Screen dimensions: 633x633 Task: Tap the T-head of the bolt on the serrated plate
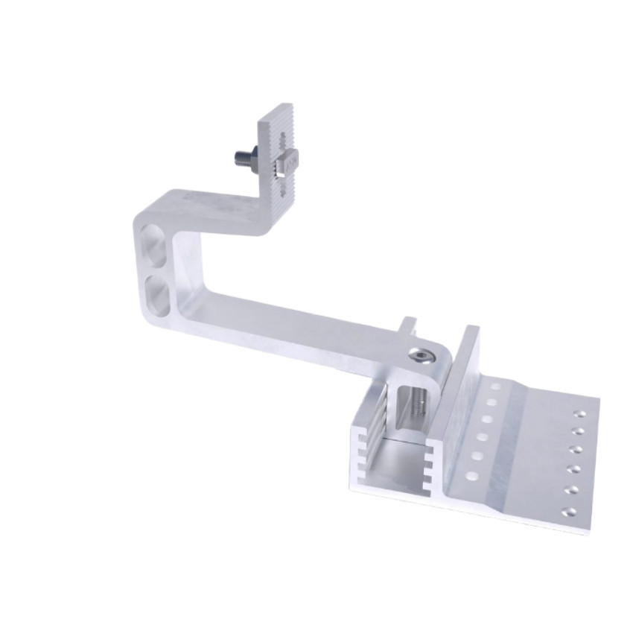287,160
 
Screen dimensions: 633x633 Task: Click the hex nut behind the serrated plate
255,157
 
